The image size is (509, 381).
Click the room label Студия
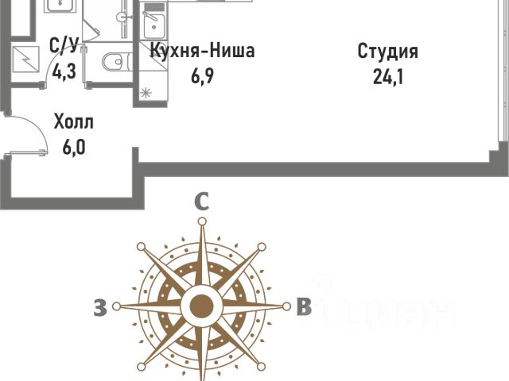(387, 52)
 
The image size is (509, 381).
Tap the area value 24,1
(387, 79)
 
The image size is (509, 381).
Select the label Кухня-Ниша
(203, 52)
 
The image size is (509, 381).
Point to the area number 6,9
(203, 79)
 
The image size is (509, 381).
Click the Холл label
(73, 122)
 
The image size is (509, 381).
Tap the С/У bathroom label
(64, 46)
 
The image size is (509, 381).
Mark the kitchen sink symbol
(153, 24)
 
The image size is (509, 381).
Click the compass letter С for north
(203, 203)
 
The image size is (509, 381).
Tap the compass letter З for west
(99, 308)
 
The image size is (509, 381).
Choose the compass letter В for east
(304, 307)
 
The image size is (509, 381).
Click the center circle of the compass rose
(202, 306)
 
